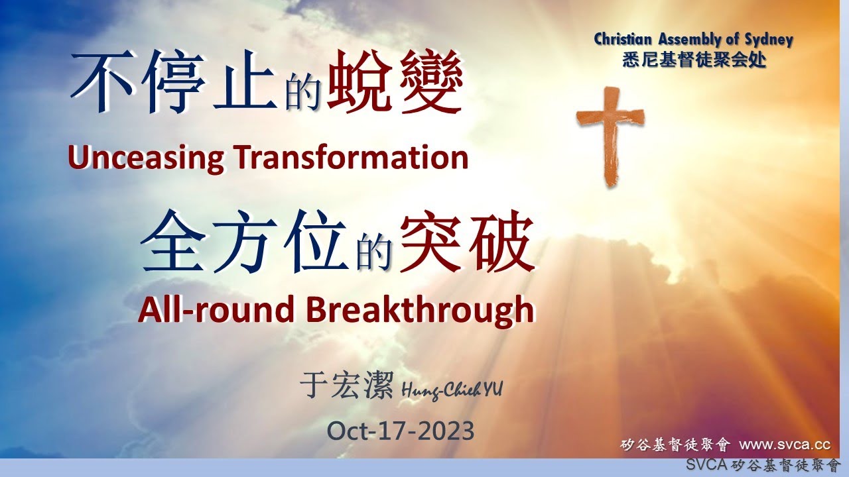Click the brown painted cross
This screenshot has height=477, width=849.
609,132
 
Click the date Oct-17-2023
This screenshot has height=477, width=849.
400,431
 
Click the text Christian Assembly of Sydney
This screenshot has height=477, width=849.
693,39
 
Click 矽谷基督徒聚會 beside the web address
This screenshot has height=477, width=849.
675,444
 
